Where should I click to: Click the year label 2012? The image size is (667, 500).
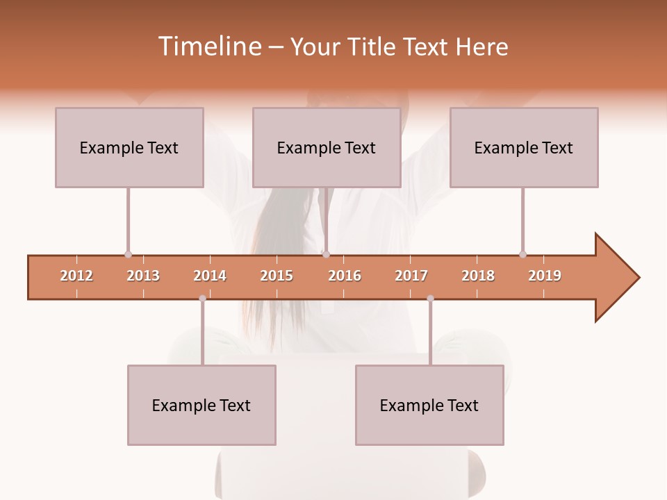[x=76, y=276]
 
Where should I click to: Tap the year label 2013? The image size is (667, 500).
[x=143, y=276]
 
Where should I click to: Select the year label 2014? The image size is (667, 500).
[x=210, y=276]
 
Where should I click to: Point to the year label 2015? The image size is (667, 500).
[x=277, y=276]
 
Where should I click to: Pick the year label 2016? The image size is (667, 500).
[x=345, y=276]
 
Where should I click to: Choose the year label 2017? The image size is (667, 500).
[x=411, y=276]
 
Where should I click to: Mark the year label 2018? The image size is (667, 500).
[x=478, y=276]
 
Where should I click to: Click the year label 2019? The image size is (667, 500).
[x=545, y=276]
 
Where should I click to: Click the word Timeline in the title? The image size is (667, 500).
[x=210, y=47]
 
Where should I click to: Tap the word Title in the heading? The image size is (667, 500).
[x=373, y=47]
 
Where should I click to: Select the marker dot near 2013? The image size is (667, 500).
[x=128, y=254]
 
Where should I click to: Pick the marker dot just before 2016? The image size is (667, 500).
[x=326, y=254]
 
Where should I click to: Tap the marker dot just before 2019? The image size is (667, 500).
[x=522, y=254]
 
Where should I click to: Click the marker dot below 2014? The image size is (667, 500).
[x=202, y=299]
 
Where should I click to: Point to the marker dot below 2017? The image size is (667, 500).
[x=430, y=299]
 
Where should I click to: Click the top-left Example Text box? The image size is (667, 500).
[x=129, y=147]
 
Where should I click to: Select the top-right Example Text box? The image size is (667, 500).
[x=524, y=147]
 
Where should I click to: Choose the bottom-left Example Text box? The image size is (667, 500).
[x=201, y=405]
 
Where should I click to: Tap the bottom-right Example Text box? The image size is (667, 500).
[x=429, y=405]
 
